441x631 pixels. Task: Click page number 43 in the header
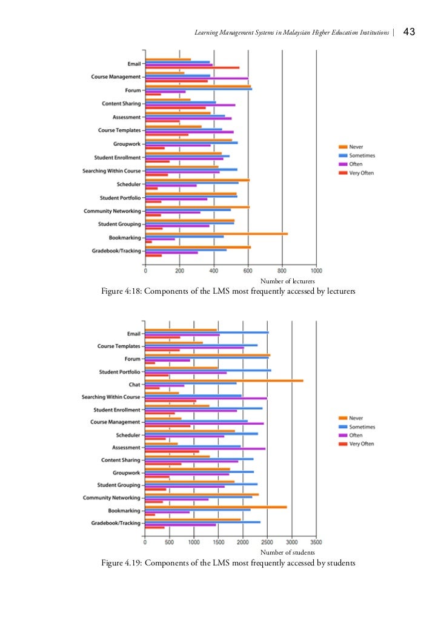click(x=408, y=32)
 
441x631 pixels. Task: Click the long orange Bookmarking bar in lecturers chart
click(x=216, y=234)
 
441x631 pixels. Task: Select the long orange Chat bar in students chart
click(x=224, y=380)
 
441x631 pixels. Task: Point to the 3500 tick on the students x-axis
click(x=316, y=542)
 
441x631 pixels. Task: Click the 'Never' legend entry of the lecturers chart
click(x=356, y=147)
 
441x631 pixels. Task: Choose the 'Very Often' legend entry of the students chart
click(x=362, y=444)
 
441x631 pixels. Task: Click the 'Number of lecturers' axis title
click(x=287, y=282)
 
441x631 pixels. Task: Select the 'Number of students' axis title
click(x=287, y=553)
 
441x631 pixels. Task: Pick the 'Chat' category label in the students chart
click(x=134, y=385)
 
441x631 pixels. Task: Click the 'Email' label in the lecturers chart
click(x=133, y=64)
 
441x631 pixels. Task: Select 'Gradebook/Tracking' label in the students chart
click(x=116, y=523)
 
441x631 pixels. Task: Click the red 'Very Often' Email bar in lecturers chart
click(x=192, y=67)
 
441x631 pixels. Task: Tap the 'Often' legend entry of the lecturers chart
click(x=356, y=164)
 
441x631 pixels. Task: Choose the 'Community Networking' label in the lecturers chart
click(x=112, y=211)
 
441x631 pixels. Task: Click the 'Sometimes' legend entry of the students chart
click(x=362, y=427)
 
